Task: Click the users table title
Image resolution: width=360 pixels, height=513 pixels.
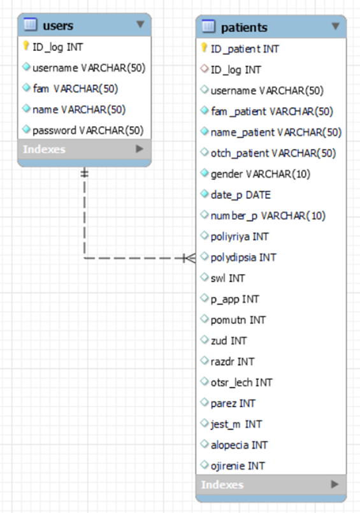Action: pos(58,25)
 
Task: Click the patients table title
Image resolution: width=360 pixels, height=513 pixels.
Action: pos(244,27)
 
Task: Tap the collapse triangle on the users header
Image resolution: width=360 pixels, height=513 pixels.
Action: pos(140,24)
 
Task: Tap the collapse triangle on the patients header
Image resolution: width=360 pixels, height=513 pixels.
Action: pos(336,26)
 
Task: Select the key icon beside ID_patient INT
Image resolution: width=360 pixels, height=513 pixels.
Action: pos(204,48)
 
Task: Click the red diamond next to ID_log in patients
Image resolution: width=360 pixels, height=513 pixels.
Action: pos(205,69)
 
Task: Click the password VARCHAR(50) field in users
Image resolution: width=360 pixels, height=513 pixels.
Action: pos(88,131)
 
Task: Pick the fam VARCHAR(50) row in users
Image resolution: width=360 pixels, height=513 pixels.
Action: pos(75,89)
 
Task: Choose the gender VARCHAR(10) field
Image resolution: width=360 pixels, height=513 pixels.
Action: pos(260,174)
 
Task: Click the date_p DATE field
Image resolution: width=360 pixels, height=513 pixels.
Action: pos(241,195)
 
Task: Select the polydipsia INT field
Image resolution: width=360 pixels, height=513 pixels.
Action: pos(243,257)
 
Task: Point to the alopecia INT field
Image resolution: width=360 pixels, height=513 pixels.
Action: pos(239,445)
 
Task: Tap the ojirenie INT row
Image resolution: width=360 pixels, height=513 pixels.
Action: pos(238,466)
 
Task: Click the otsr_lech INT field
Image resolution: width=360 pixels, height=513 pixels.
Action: pos(241,382)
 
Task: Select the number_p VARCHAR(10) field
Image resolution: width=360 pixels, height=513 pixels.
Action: pos(268,216)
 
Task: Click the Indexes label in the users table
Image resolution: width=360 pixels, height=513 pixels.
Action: pos(44,149)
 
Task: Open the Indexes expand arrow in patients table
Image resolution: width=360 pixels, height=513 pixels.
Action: pos(335,484)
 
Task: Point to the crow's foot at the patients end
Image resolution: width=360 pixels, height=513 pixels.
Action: pos(190,258)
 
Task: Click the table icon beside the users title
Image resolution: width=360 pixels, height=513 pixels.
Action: pos(31,25)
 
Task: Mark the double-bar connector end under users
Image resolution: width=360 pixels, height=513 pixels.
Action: pos(84,173)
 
